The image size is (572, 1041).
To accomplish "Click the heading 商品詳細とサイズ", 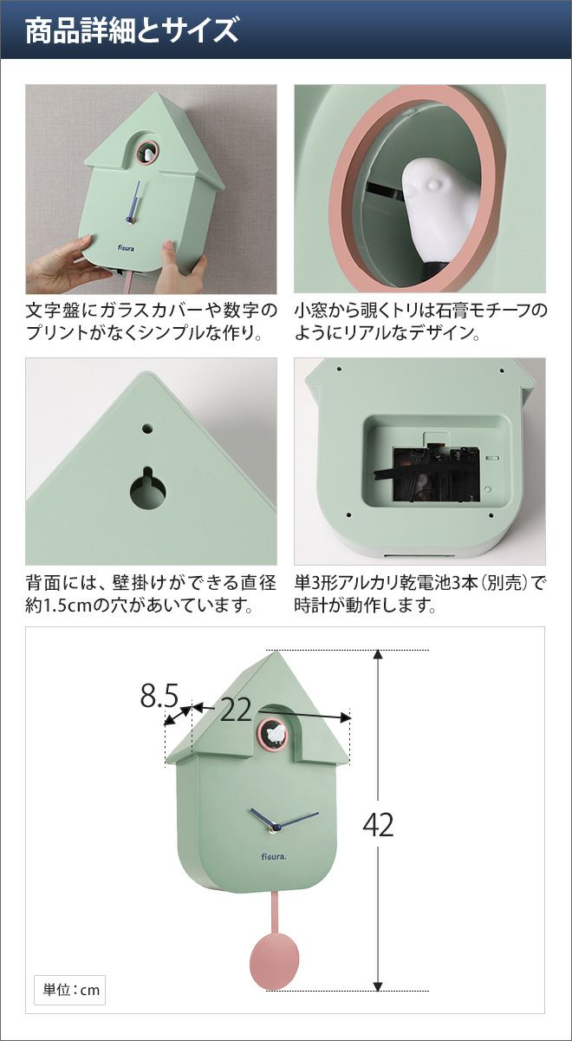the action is (132, 30).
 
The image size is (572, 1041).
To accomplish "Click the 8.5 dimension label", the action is (159, 696).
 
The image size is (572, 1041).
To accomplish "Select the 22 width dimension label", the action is (236, 710).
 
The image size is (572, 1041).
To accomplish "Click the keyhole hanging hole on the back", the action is (147, 487).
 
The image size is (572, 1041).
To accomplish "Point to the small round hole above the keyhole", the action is (147, 428).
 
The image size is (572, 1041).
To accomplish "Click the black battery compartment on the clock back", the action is (436, 475).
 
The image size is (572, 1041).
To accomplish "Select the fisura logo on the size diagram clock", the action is (274, 856).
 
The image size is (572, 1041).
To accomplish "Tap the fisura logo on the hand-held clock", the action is (126, 248).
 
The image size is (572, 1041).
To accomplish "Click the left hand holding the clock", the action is (62, 264).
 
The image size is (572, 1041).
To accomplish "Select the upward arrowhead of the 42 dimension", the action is (378, 655).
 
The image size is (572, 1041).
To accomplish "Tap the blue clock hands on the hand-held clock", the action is (135, 201).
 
